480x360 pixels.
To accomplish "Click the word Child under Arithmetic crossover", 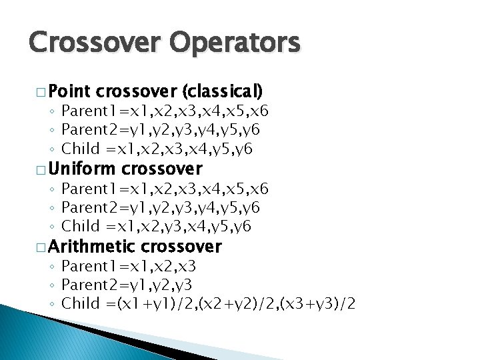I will coord(80,304).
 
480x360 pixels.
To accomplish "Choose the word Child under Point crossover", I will coord(80,148).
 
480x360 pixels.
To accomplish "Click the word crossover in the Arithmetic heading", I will coord(181,247).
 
